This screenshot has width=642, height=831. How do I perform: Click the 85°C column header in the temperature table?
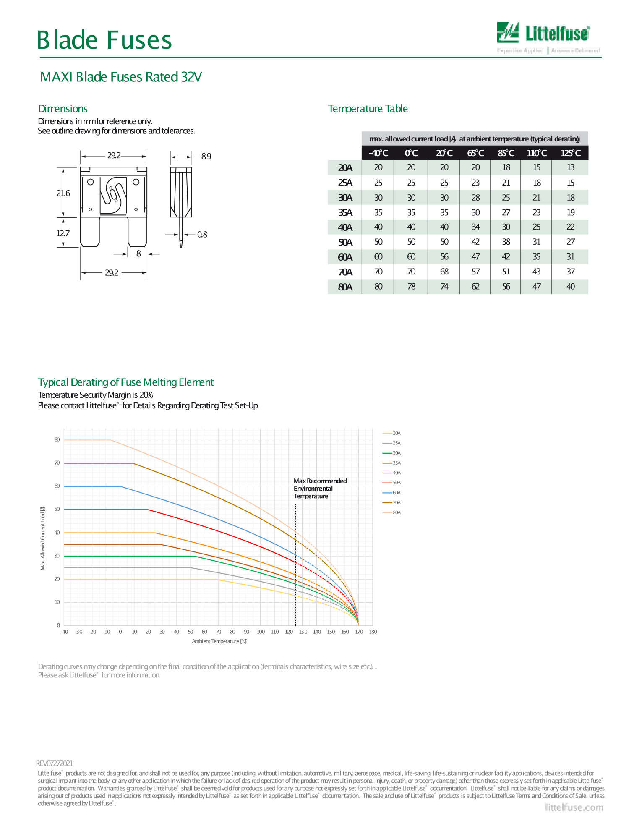coord(506,153)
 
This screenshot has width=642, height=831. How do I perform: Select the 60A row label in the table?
coord(345,257)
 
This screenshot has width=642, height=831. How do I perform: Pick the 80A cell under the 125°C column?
coord(571,287)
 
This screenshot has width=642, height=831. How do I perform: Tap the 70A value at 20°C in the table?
coord(444,272)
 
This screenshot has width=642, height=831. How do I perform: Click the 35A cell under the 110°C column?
coord(537,212)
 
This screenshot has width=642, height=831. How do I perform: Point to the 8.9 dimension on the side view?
coord(206,157)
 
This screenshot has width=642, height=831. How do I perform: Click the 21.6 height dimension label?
coord(63,193)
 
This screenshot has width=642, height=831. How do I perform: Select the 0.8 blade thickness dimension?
coord(202,235)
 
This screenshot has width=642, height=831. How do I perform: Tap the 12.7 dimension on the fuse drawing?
coord(63,233)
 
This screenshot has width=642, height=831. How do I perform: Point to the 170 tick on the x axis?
coord(359,632)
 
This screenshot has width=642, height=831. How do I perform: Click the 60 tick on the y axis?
coord(57,486)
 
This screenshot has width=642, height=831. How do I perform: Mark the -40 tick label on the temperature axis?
coord(64,632)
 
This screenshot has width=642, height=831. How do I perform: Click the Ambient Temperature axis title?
coord(219,641)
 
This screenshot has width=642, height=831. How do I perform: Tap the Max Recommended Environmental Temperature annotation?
coord(320,489)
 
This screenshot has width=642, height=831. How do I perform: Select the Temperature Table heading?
coord(368,109)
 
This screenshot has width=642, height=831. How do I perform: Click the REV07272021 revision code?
coord(55,763)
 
